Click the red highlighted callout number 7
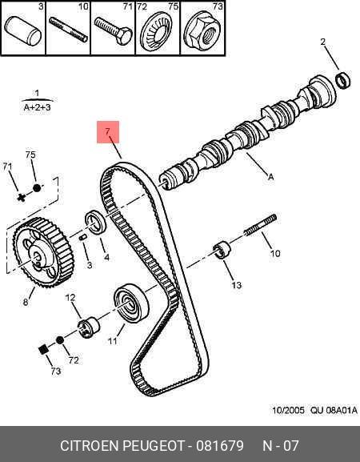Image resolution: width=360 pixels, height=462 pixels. [108, 131]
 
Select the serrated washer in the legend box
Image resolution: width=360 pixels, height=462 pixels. [156, 31]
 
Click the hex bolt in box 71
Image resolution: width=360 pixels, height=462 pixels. [114, 30]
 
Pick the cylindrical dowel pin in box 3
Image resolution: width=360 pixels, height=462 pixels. [22, 31]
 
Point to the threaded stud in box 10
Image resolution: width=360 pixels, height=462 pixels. [68, 30]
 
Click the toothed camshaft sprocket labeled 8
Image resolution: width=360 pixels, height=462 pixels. [42, 252]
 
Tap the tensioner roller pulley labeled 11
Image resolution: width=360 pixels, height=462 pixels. [131, 303]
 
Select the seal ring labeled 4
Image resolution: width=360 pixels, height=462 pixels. [95, 222]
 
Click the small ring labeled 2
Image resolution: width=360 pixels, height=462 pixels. [343, 79]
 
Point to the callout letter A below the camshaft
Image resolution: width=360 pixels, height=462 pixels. [271, 177]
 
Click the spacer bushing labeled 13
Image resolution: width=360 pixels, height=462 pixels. [222, 250]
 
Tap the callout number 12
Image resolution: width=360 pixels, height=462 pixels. [70, 298]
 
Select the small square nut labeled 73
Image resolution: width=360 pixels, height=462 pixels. [43, 349]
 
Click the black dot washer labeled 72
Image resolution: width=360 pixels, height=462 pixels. [60, 340]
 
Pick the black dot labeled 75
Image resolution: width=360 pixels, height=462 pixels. [37, 187]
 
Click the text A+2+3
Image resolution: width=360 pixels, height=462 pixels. [37, 107]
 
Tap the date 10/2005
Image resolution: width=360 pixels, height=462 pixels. [288, 410]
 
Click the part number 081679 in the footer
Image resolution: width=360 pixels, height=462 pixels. [220, 446]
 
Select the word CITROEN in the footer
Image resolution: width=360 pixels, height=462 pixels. [89, 446]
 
